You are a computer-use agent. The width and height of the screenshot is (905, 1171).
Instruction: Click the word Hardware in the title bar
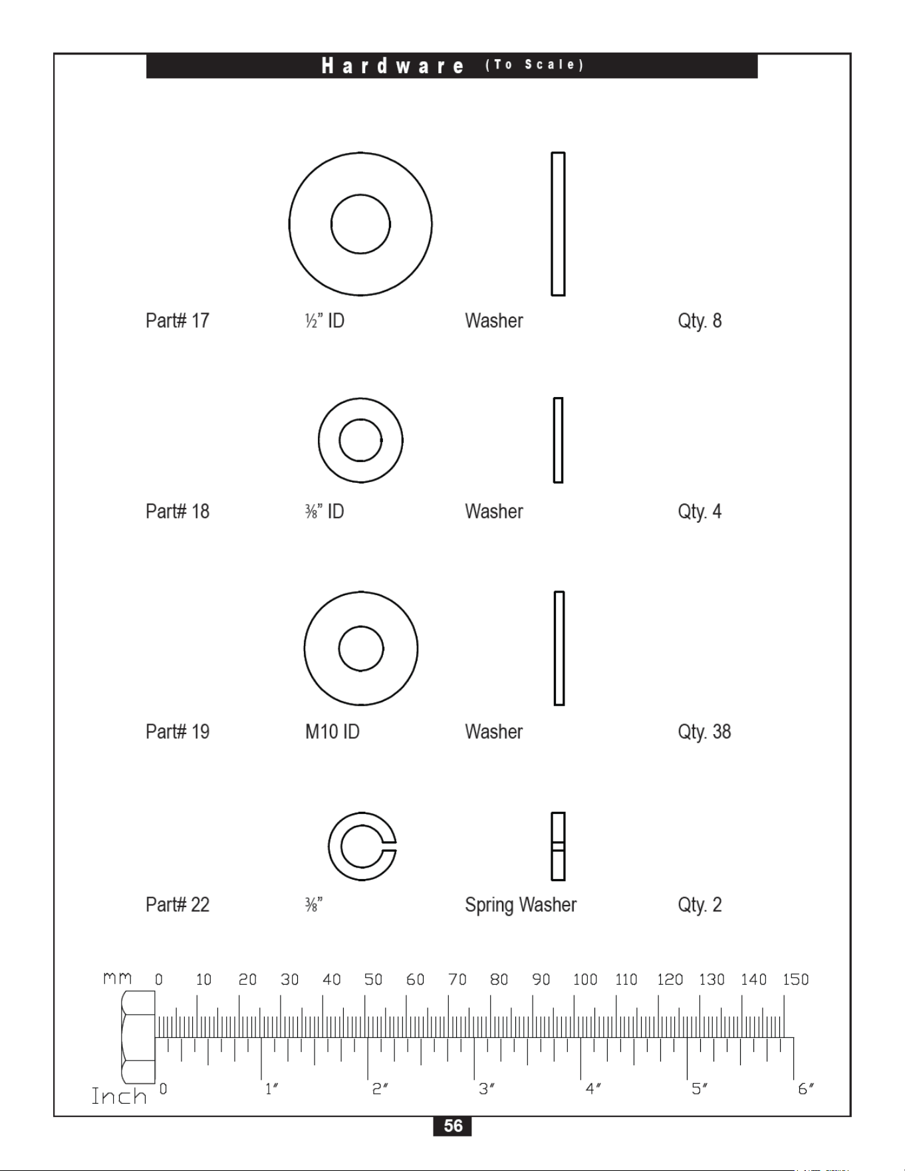393,65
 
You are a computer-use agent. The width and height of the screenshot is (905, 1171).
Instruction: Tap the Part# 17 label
178,321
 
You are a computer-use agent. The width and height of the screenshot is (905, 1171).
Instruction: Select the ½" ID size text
324,321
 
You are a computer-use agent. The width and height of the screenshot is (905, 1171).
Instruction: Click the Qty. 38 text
704,732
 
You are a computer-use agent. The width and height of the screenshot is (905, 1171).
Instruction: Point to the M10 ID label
332,731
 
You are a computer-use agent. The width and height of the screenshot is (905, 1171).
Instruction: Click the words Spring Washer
521,905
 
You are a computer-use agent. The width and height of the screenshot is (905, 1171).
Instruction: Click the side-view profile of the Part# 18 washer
558,440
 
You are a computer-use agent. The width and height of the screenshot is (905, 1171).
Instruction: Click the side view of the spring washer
558,846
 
